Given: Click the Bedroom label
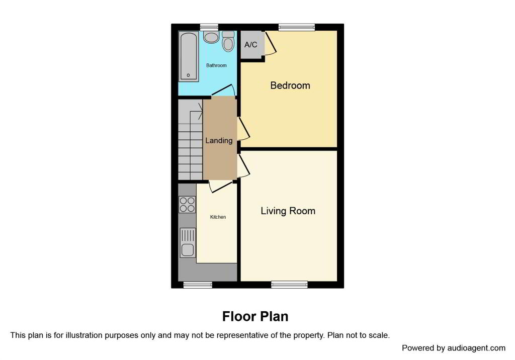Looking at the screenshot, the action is tap(290, 85).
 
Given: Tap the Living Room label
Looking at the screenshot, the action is tap(288, 211).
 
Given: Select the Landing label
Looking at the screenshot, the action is tap(219, 141).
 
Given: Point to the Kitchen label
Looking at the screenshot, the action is tap(218, 217).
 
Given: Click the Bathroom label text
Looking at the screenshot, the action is tap(216, 65).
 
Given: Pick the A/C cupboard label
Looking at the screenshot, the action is tap(250, 45).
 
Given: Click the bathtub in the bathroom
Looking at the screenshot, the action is tap(189, 56).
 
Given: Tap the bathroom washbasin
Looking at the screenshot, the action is tap(211, 37).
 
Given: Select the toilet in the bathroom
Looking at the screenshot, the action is tap(228, 41).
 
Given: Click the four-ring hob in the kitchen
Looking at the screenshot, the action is tap(187, 204).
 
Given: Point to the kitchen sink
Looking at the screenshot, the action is tap(188, 243).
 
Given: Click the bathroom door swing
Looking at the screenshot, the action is tap(224, 91).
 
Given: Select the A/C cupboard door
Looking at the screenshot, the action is tap(270, 43).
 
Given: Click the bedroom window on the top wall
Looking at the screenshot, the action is tap(297, 27).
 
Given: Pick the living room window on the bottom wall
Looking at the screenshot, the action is tap(289, 285).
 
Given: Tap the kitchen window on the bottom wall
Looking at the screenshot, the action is tap(198, 285).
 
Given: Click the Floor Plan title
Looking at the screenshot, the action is tap(255, 316).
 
